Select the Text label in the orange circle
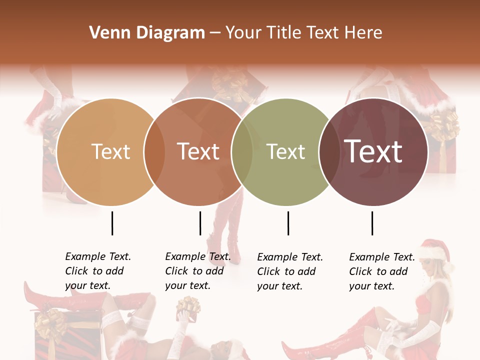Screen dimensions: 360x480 click(111, 151)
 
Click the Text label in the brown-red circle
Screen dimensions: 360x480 click(198, 151)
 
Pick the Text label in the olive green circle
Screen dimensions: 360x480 click(286, 151)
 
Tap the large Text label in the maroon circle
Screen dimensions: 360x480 click(373, 151)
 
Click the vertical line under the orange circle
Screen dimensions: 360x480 click(112, 223)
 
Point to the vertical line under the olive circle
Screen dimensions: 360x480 click(288, 223)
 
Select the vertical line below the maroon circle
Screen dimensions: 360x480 click(372, 223)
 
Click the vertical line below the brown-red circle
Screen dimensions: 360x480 click(200, 223)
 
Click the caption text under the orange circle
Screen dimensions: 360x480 click(97, 271)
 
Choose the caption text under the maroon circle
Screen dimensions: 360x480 click(381, 271)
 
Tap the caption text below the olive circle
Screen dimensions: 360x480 click(289, 271)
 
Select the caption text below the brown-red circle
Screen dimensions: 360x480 click(197, 271)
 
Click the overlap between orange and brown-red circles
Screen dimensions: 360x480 click(154, 152)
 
